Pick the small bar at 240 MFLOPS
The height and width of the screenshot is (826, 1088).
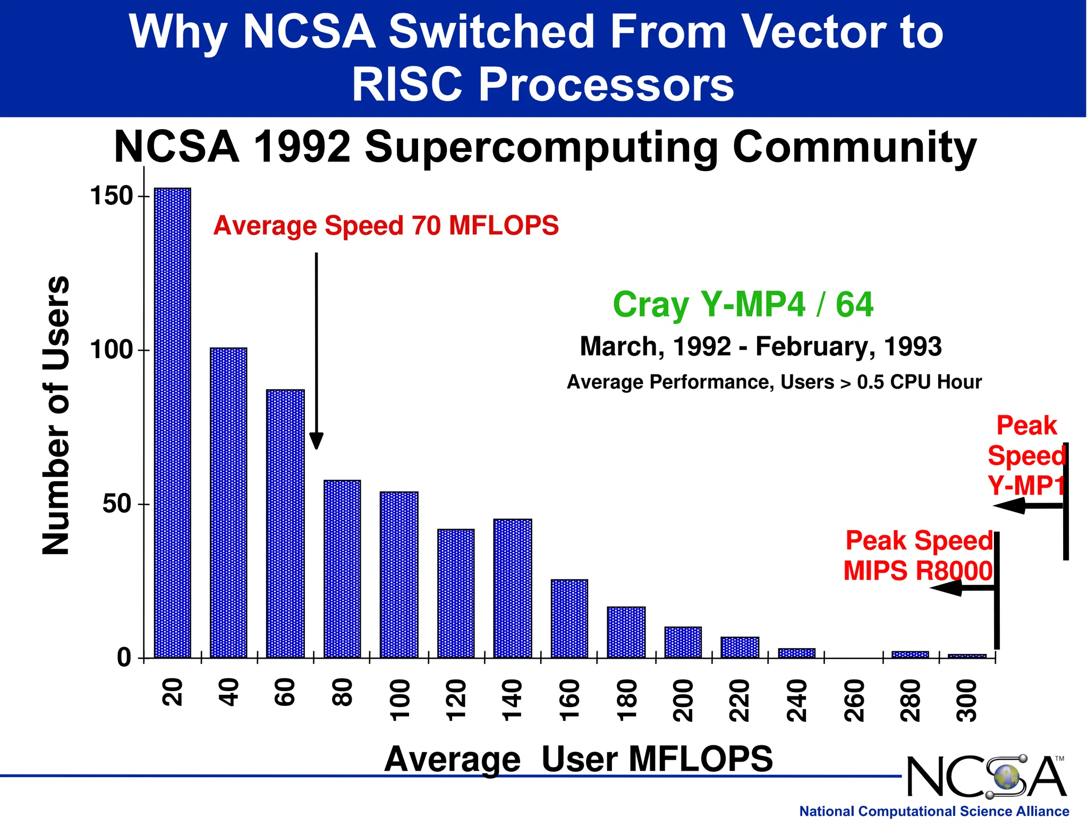tap(796, 653)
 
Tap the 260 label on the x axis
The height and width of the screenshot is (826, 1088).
tap(854, 701)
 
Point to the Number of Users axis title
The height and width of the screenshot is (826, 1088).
tap(56, 415)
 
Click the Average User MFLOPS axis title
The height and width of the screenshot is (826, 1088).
tap(578, 759)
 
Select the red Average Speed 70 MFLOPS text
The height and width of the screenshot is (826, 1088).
tap(386, 225)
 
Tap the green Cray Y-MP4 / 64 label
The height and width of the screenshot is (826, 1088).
tap(743, 304)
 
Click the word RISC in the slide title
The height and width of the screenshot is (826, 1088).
tap(406, 85)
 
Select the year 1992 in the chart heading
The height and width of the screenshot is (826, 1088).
tap(302, 147)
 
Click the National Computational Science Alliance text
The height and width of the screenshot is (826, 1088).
tap(934, 811)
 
